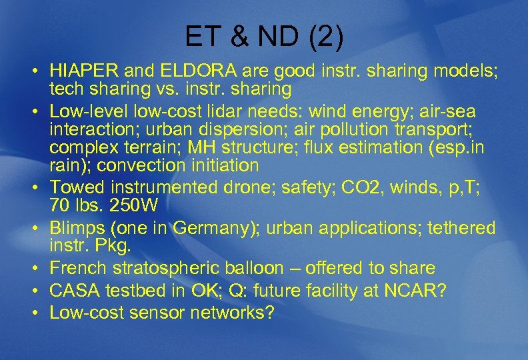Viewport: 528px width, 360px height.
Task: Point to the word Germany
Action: click(216, 229)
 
